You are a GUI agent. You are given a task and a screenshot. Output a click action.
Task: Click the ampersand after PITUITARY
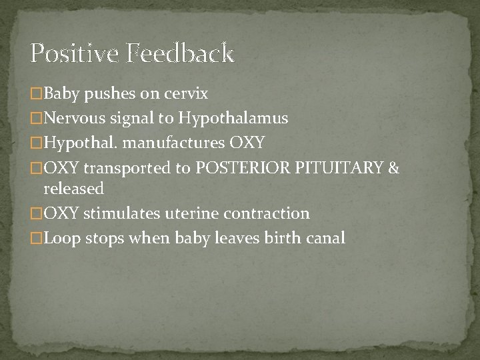tap(393, 167)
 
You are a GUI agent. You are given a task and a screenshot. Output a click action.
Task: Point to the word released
tap(73, 189)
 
